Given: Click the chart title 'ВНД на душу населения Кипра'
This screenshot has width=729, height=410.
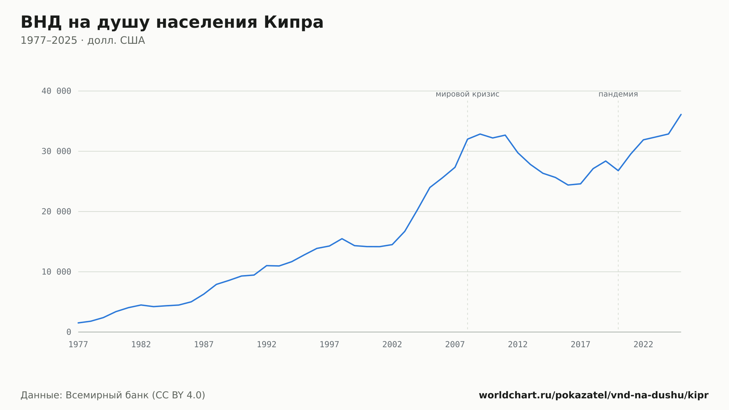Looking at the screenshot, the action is (172, 23).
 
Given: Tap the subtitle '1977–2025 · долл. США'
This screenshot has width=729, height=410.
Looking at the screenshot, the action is (83, 40).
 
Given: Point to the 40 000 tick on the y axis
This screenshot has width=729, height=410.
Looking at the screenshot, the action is (56, 91).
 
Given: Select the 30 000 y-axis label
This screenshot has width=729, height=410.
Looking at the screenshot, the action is (56, 151).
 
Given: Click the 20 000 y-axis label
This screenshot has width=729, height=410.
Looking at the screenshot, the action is (56, 212).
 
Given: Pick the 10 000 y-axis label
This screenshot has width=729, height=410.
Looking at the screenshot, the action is (56, 272).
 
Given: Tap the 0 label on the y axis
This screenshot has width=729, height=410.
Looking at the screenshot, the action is (69, 332).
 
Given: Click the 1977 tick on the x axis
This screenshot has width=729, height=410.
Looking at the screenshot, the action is (78, 345).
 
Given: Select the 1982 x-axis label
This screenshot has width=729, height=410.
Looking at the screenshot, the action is (141, 345).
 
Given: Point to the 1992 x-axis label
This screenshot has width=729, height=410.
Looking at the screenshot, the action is (267, 345).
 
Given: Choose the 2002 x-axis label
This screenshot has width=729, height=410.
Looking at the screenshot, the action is (392, 345).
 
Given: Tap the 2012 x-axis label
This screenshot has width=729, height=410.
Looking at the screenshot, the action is (518, 345).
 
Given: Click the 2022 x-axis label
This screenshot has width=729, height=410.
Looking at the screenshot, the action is (643, 345).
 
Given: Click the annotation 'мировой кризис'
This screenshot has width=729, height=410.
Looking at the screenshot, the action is (468, 94).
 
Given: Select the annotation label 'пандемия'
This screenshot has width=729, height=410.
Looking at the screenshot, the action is (618, 94).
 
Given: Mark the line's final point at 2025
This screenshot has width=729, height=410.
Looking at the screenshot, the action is (681, 114).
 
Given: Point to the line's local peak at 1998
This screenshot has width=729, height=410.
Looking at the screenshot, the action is (342, 239).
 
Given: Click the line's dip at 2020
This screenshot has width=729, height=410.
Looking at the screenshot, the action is (618, 171).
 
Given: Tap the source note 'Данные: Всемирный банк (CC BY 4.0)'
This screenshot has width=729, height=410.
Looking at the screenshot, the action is (113, 395).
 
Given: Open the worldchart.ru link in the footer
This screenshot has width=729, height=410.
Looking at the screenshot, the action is (593, 395).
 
